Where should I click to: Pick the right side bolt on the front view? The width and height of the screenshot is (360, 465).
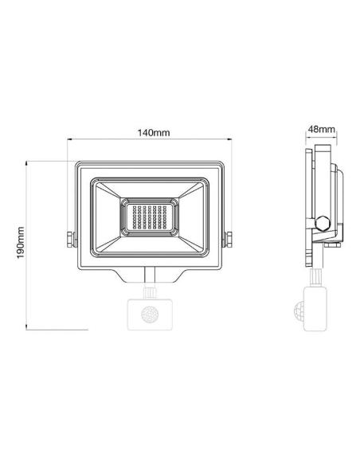pyautogui.click(x=229, y=238)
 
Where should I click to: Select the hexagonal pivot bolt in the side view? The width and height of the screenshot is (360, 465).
pyautogui.click(x=322, y=223)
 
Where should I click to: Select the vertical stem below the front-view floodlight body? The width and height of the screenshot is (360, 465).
pyautogui.click(x=149, y=275)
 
